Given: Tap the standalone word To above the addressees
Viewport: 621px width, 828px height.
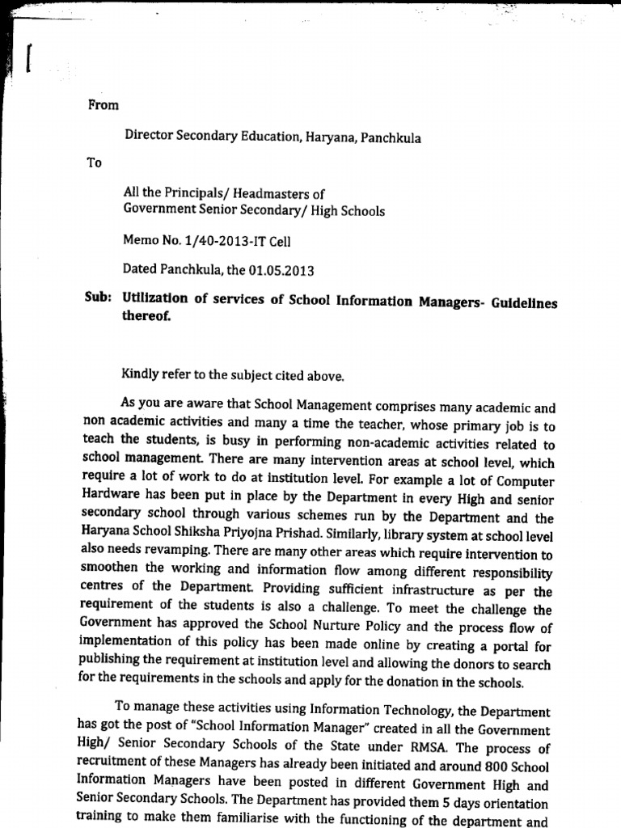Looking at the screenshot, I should click(94, 163).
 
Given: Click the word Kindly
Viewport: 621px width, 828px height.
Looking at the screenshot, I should click(140, 374).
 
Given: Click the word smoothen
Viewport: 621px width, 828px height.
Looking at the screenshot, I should click(112, 568).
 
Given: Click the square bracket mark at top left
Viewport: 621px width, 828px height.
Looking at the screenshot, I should click(30, 58).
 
